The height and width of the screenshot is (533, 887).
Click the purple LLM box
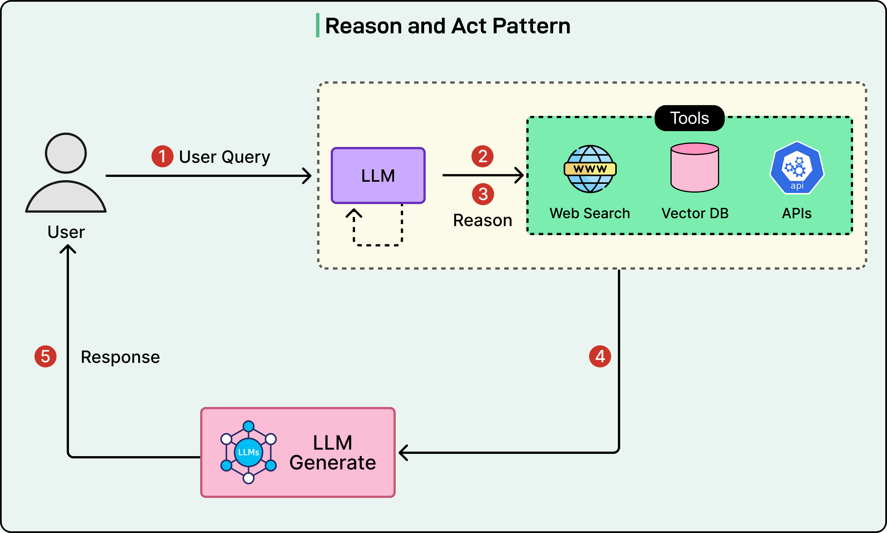pyautogui.click(x=378, y=175)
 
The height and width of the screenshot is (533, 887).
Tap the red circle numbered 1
pyautogui.click(x=162, y=156)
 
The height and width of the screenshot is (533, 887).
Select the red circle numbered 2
pyautogui.click(x=482, y=156)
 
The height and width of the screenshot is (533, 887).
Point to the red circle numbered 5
pyautogui.click(x=45, y=356)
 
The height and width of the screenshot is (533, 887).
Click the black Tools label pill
pyautogui.click(x=689, y=118)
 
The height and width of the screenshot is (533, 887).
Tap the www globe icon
pyautogui.click(x=590, y=169)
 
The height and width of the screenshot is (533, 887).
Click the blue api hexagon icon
pyautogui.click(x=797, y=168)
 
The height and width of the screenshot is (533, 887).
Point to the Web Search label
pyautogui.click(x=590, y=213)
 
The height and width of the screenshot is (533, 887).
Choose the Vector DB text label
pyautogui.click(x=695, y=213)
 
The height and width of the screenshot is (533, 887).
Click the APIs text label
pyautogui.click(x=797, y=213)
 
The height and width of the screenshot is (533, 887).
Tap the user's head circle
pyautogui.click(x=66, y=153)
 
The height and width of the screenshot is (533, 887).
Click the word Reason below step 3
pyautogui.click(x=482, y=220)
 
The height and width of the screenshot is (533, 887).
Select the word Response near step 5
pyautogui.click(x=120, y=357)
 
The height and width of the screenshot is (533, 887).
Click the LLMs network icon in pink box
pyautogui.click(x=248, y=452)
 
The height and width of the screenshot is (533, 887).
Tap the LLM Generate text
pyautogui.click(x=332, y=452)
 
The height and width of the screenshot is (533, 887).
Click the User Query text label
pyautogui.click(x=224, y=157)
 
